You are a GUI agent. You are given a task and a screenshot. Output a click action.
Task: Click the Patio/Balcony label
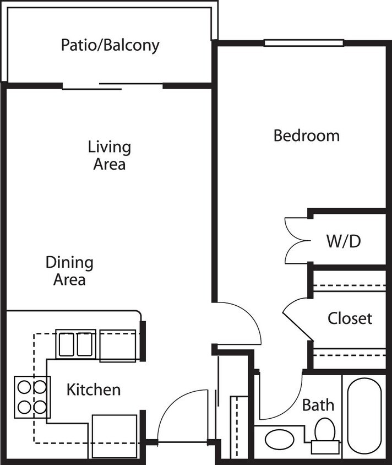[x=110, y=45]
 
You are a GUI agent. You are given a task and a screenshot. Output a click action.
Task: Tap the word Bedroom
[x=306, y=136]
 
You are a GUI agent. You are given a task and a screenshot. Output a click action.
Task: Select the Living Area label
[x=110, y=155]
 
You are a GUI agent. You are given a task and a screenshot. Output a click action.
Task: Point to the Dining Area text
[x=69, y=271]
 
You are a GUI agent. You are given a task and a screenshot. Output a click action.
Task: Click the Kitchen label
[x=94, y=390]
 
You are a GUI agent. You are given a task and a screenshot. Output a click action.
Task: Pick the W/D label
[x=344, y=241]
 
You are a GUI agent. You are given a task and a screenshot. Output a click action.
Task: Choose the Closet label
[x=350, y=318]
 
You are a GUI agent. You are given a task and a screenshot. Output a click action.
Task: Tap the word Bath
[x=318, y=405]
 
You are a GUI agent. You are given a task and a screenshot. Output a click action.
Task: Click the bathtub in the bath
[x=364, y=416]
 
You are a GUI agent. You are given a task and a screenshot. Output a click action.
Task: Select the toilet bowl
[x=325, y=429]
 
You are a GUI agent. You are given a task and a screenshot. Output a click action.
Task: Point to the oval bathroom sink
[x=279, y=440]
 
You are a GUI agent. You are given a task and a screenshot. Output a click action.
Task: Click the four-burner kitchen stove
[x=32, y=397]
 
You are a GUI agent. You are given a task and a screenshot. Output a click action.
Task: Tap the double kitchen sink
[x=75, y=344]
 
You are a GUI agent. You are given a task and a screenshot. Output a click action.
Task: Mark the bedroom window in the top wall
[x=304, y=43]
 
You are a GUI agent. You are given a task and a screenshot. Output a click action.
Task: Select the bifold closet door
[x=298, y=319]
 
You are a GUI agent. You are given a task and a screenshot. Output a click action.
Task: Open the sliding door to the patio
[x=113, y=86]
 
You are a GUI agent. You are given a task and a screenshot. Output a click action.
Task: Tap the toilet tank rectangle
[x=325, y=447]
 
